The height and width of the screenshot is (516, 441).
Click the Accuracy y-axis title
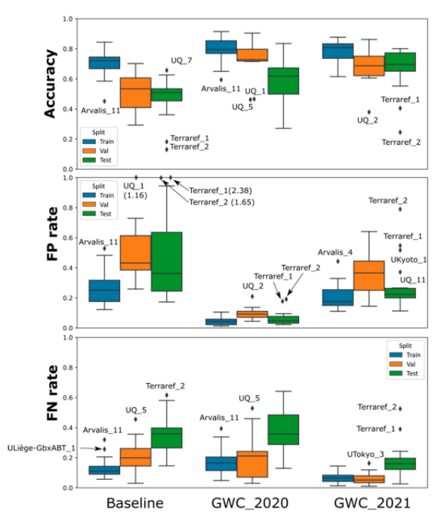tap(50, 84)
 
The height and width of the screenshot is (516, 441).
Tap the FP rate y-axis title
tap(52, 234)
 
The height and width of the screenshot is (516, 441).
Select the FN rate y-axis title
tap(52, 393)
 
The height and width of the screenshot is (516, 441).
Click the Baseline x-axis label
tap(135, 503)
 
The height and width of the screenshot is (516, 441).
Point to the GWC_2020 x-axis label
tap(250, 503)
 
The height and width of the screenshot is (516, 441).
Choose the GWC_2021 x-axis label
tap(372, 503)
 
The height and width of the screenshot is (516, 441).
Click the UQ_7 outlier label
tap(181, 60)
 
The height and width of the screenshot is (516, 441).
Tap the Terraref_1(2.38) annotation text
tap(220, 191)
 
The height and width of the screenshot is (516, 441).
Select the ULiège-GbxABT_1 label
tap(42, 448)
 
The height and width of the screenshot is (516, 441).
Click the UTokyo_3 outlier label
tap(365, 454)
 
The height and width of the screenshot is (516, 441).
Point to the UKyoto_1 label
tap(409, 260)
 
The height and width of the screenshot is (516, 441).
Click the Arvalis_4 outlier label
tap(335, 253)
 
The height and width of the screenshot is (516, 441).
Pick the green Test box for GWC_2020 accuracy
tap(283, 81)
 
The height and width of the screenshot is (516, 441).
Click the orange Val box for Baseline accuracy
tap(136, 93)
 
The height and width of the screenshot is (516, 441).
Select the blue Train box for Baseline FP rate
tap(104, 290)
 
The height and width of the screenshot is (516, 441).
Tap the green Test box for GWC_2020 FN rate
tap(283, 429)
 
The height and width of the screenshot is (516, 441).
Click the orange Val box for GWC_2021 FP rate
tap(369, 276)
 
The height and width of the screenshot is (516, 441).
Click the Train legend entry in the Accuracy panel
tap(98, 142)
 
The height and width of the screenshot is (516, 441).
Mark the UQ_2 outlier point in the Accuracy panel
tap(369, 112)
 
